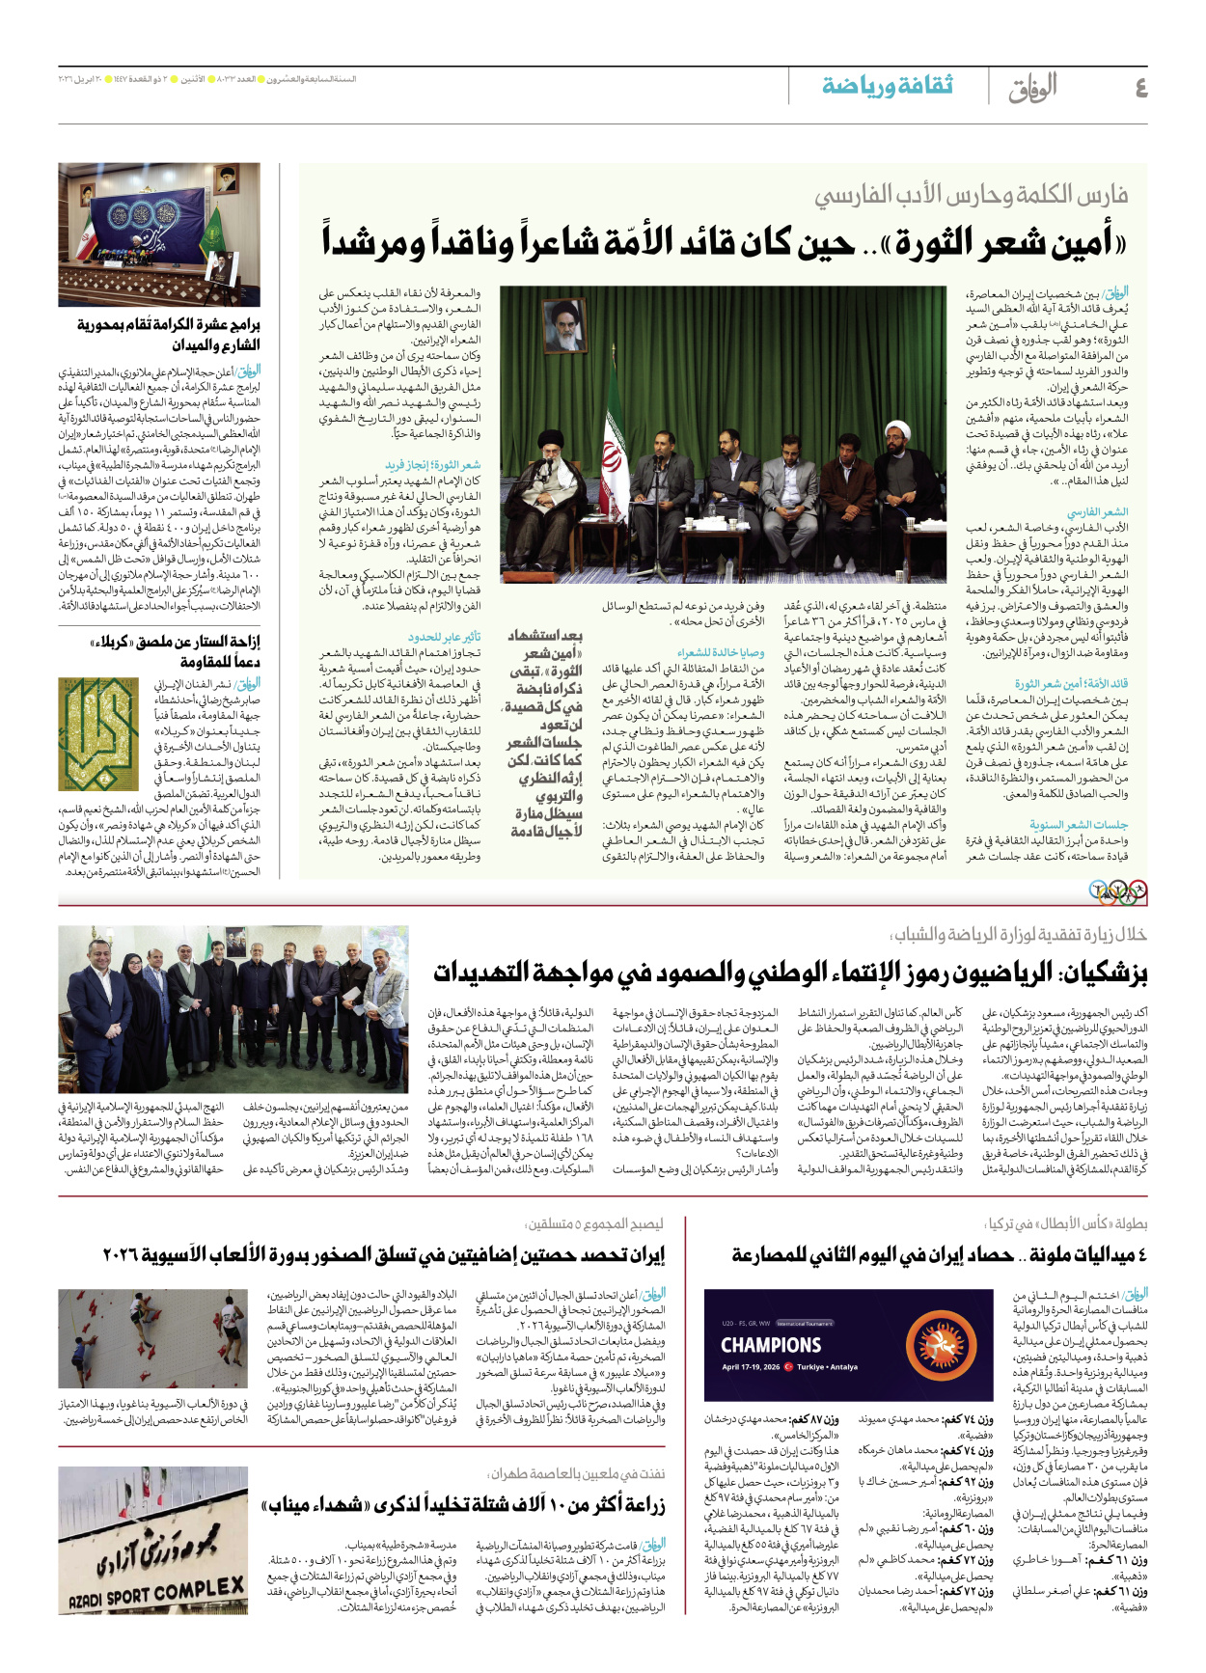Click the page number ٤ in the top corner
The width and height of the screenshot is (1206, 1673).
coord(1139,88)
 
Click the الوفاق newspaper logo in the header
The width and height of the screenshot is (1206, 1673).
coord(1031,88)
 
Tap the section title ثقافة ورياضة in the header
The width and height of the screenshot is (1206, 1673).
coord(887,86)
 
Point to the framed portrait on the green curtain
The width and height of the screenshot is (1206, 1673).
coord(566,324)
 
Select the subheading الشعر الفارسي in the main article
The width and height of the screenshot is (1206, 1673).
coord(1097,512)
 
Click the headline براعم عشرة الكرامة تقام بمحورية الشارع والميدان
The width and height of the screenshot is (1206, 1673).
coord(169,334)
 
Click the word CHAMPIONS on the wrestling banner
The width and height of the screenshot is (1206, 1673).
coord(771,1345)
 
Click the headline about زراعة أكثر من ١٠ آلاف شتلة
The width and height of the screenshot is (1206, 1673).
coord(463,1505)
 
